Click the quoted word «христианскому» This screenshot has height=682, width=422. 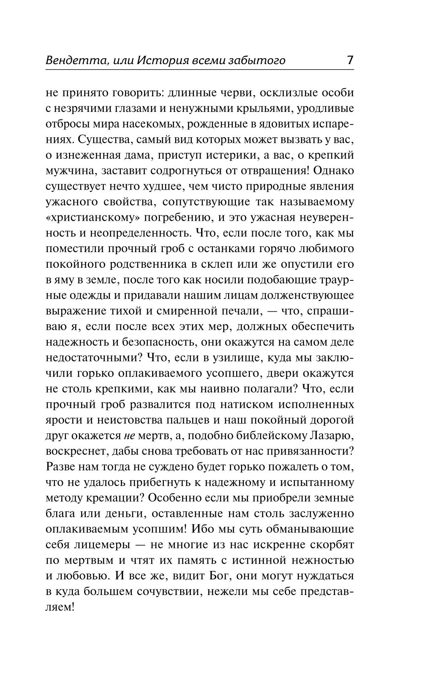point(91,218)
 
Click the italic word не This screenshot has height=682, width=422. point(129,436)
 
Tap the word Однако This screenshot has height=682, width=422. point(333,171)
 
